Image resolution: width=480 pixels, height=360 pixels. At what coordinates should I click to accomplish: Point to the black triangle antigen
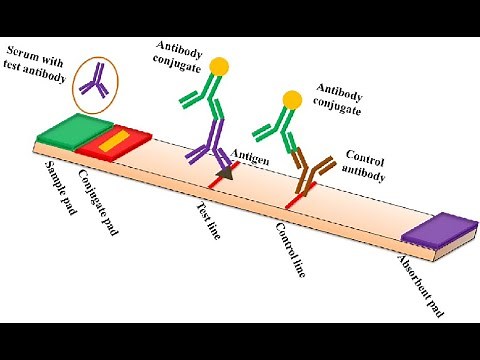coord(229,175)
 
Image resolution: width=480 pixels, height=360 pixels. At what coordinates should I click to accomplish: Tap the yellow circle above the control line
coord(292,99)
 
